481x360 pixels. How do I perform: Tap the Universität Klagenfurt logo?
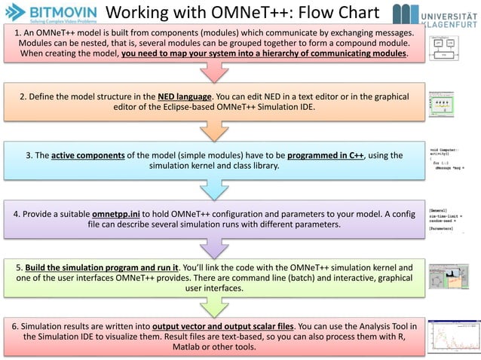[434, 14]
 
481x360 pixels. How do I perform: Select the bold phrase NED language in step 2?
[182, 97]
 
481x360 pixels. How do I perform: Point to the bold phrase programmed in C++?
[316, 155]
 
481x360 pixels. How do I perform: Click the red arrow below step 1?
[214, 72]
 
